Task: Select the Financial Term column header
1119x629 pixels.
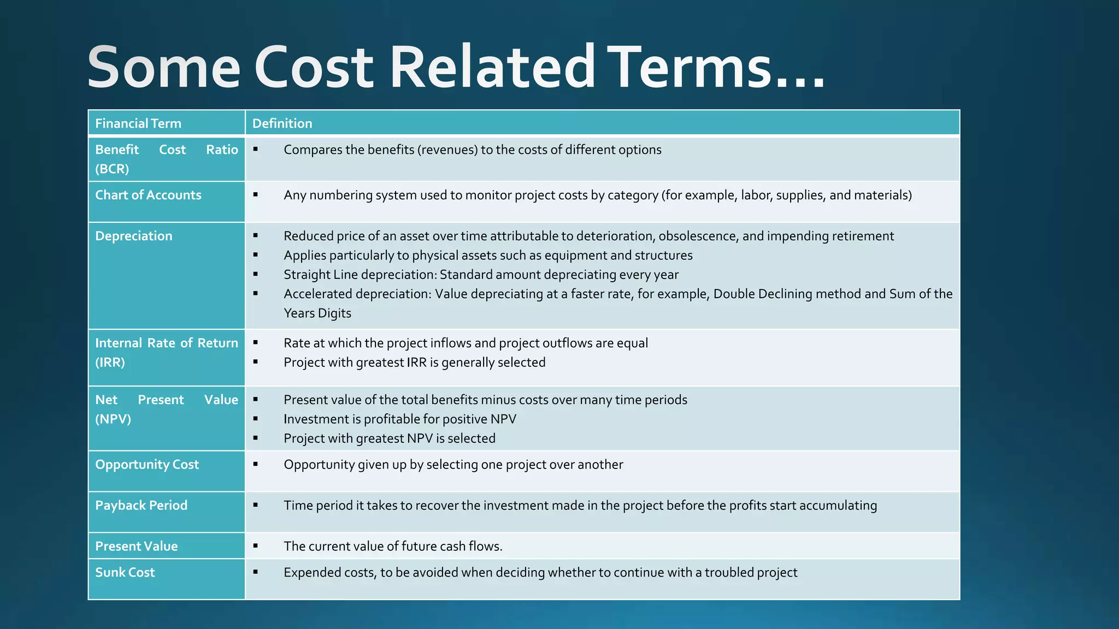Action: pyautogui.click(x=138, y=123)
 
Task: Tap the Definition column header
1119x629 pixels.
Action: pyautogui.click(x=282, y=123)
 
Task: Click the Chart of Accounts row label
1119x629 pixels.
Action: pyautogui.click(x=148, y=195)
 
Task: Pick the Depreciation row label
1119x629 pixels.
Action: pyautogui.click(x=134, y=236)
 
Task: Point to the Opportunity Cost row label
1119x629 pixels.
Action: pyautogui.click(x=147, y=464)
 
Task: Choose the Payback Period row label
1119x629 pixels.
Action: pyautogui.click(x=141, y=505)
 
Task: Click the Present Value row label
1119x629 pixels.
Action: pyautogui.click(x=137, y=546)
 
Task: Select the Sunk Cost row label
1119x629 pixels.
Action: pyautogui.click(x=125, y=572)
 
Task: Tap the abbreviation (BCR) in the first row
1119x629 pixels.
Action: pyautogui.click(x=112, y=169)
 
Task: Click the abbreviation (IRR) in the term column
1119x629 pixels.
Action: pyautogui.click(x=110, y=362)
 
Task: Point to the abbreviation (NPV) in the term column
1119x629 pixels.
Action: pyautogui.click(x=113, y=419)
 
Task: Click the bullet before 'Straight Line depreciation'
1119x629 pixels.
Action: pyautogui.click(x=255, y=274)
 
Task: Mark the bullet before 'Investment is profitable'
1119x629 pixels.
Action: pyautogui.click(x=255, y=419)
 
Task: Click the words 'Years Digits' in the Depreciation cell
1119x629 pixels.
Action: pyautogui.click(x=317, y=313)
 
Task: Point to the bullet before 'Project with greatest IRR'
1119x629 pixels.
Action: pyautogui.click(x=255, y=362)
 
